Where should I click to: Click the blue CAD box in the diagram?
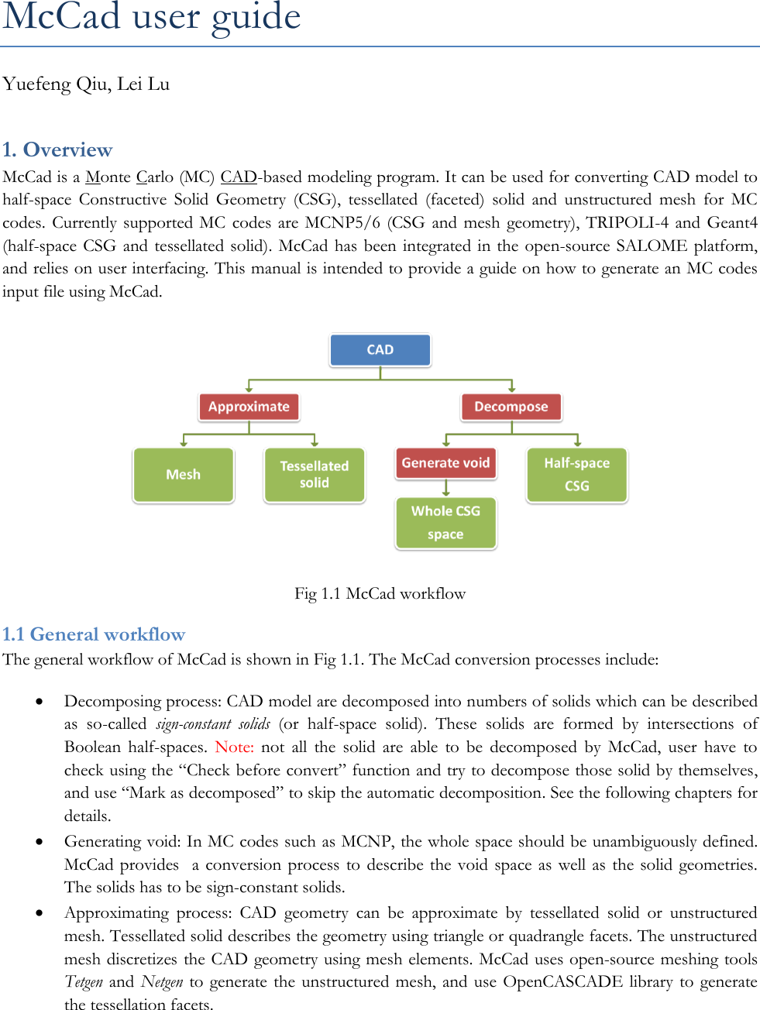380,350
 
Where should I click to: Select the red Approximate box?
249,407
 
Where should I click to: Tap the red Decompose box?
511,407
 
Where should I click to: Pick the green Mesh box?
184,475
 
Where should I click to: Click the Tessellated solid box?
315,475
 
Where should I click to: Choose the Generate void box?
445,463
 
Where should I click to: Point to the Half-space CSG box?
577,475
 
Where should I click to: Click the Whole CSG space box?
445,523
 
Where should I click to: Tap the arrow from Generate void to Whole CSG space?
446,488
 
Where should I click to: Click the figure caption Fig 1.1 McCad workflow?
380,594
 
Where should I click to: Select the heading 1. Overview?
57,149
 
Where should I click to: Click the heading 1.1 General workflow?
94,634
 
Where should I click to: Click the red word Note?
234,747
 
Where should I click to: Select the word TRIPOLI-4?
627,223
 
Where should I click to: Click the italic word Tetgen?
84,982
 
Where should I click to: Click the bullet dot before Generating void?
39,842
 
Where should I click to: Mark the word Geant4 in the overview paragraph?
732,223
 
